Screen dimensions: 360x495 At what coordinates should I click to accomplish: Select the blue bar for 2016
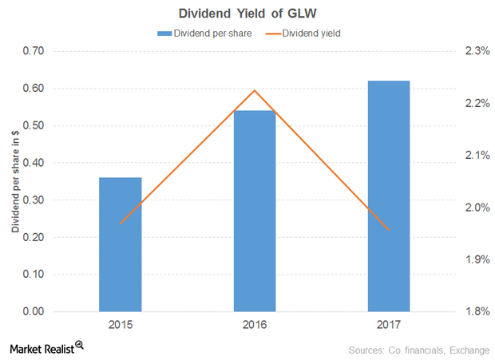click(255, 211)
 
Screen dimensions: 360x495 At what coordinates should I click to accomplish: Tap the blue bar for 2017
click(389, 196)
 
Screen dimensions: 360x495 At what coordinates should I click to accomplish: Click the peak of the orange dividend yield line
click(255, 90)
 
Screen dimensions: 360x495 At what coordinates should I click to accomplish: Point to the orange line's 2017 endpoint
click(389, 229)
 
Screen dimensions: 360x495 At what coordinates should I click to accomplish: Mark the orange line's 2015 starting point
click(121, 224)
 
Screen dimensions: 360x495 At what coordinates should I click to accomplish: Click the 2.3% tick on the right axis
click(475, 51)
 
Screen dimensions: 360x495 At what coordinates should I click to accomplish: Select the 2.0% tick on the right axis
click(475, 208)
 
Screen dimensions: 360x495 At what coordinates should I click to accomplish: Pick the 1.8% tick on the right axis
click(475, 311)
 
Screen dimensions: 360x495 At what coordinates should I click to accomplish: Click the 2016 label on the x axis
click(255, 326)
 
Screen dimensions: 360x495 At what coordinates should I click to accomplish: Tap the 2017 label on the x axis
click(389, 326)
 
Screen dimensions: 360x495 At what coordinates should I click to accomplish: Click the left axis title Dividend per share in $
click(14, 181)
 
